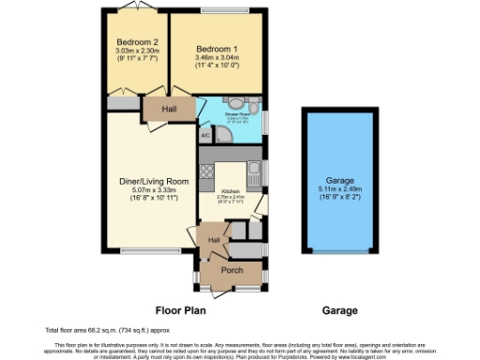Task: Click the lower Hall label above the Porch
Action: (214, 241)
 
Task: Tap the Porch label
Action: (232, 271)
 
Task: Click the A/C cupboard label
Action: (205, 134)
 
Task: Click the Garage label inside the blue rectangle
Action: (339, 180)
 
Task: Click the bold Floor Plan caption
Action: (179, 309)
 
